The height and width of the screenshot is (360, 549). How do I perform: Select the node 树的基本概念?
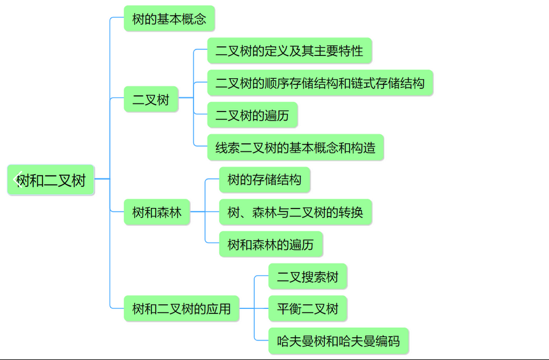pyautogui.click(x=169, y=19)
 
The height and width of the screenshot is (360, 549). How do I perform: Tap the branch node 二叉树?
pyautogui.click(x=151, y=99)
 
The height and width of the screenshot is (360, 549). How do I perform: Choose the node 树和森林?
pyautogui.click(x=157, y=213)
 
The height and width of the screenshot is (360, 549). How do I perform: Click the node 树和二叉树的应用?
pyautogui.click(x=182, y=308)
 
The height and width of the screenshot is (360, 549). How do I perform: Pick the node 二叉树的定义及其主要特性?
pyautogui.click(x=289, y=51)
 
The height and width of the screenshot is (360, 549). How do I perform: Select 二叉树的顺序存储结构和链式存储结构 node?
pyautogui.click(x=320, y=83)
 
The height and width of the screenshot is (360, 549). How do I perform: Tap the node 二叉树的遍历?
pyautogui.click(x=252, y=115)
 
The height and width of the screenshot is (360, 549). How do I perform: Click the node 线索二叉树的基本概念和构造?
pyautogui.click(x=295, y=148)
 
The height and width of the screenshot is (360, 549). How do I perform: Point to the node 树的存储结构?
pyautogui.click(x=265, y=180)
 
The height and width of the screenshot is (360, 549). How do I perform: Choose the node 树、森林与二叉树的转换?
pyautogui.click(x=295, y=213)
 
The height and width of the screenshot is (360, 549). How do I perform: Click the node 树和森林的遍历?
pyautogui.click(x=271, y=245)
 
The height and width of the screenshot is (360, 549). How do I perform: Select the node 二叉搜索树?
pyautogui.click(x=308, y=276)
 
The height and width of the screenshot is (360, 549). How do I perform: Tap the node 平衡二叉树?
pyautogui.click(x=308, y=308)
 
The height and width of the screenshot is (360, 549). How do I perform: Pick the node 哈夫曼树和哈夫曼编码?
pyautogui.click(x=339, y=341)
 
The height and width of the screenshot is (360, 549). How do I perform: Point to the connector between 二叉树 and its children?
pyautogui.click(x=186, y=98)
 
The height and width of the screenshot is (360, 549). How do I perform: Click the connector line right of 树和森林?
pyautogui.click(x=198, y=212)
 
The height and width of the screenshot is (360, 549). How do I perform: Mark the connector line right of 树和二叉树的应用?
pyautogui.click(x=246, y=308)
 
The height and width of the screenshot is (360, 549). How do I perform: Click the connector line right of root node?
pyautogui.click(x=102, y=179)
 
